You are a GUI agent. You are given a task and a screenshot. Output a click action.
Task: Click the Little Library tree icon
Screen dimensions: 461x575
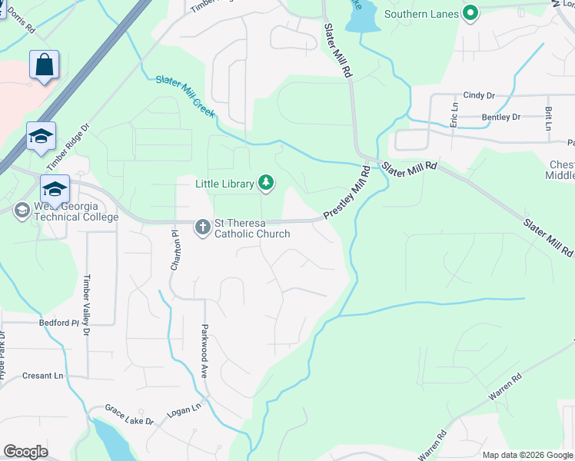tap(266, 181)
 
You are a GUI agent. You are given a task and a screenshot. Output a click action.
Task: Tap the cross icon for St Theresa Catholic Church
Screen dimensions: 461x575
tap(202, 227)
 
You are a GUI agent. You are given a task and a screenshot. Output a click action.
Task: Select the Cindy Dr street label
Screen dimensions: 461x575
tap(479, 95)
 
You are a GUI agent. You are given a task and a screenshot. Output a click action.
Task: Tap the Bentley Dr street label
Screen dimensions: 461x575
tap(500, 117)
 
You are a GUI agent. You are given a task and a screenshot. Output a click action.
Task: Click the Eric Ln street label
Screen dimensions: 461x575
tap(454, 114)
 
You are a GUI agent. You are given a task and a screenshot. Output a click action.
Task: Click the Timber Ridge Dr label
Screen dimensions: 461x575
tap(68, 148)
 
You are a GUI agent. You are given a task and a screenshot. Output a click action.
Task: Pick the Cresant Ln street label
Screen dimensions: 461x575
tap(42, 376)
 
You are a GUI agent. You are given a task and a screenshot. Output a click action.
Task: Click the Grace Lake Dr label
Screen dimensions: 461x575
tap(129, 416)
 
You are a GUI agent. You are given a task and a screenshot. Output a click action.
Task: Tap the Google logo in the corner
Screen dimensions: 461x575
tap(25, 452)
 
